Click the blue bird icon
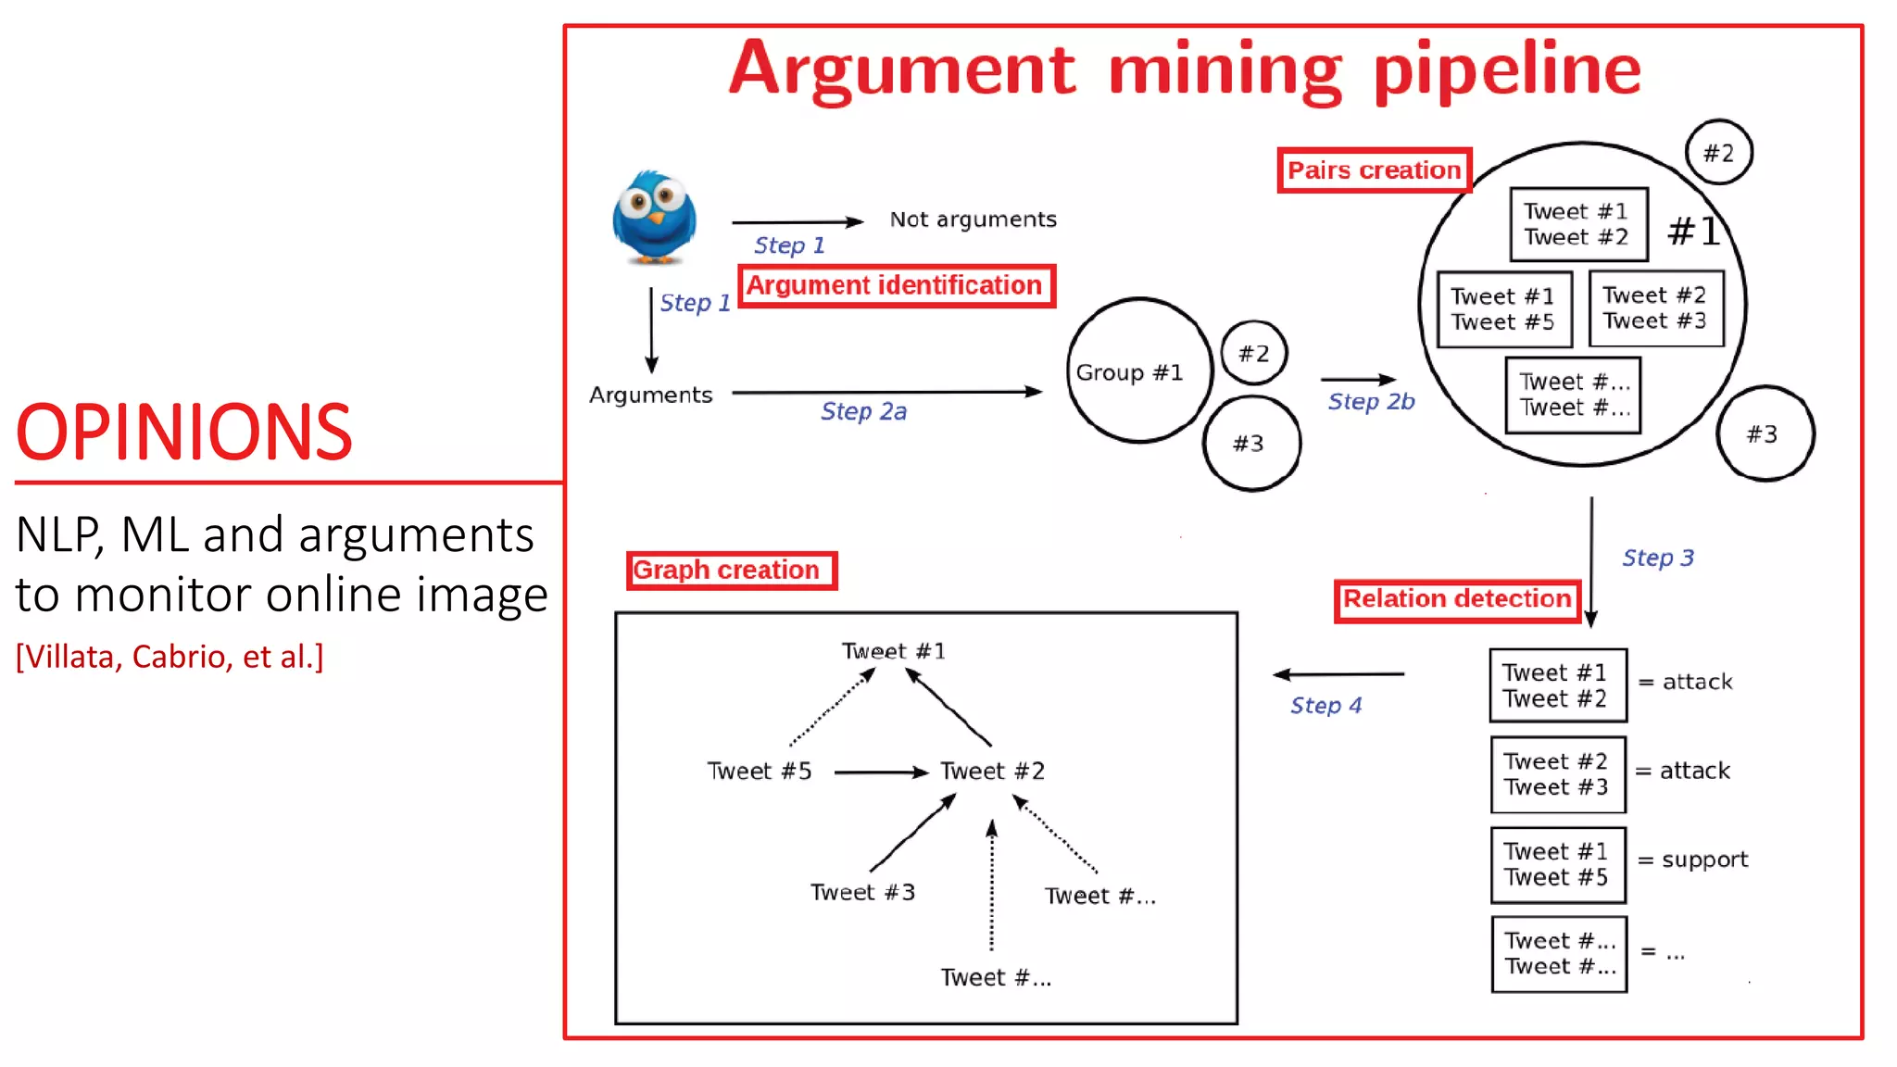pyautogui.click(x=654, y=217)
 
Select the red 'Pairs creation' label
pyautogui.click(x=1374, y=170)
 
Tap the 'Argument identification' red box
pyautogui.click(x=896, y=285)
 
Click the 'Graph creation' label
pyautogui.click(x=730, y=570)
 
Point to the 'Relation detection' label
pyautogui.click(x=1457, y=599)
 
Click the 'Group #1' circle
pyautogui.click(x=1138, y=371)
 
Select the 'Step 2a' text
pyautogui.click(x=863, y=411)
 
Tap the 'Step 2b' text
pyautogui.click(x=1371, y=401)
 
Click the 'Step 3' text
pyautogui.click(x=1657, y=558)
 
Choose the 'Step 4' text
pyautogui.click(x=1325, y=706)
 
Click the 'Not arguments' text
pyautogui.click(x=973, y=220)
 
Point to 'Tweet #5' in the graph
pyautogui.click(x=759, y=771)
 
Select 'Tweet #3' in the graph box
pyautogui.click(x=861, y=892)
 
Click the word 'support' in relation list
pyautogui.click(x=1704, y=860)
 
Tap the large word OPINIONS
pyautogui.click(x=184, y=433)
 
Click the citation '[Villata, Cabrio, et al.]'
pyautogui.click(x=170, y=657)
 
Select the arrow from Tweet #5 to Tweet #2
pyautogui.click(x=880, y=772)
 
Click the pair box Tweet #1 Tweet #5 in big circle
pyautogui.click(x=1503, y=309)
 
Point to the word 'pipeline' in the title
pyautogui.click(x=1506, y=70)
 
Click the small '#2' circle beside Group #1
pyautogui.click(x=1253, y=353)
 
